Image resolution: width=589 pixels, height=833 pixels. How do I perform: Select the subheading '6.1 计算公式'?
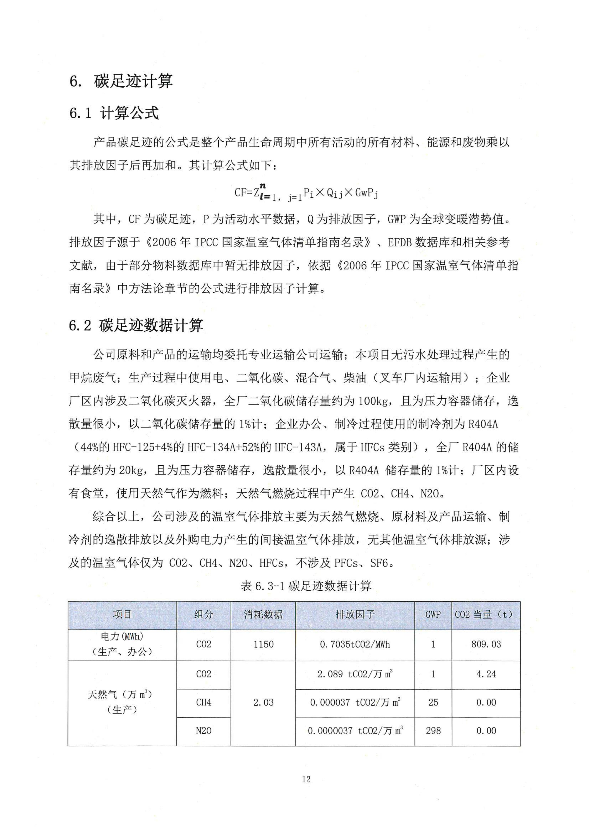[x=114, y=113]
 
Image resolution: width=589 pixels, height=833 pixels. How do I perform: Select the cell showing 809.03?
[x=486, y=644]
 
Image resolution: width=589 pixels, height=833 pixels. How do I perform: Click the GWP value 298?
[x=433, y=731]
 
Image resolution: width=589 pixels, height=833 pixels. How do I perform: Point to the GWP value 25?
[x=433, y=702]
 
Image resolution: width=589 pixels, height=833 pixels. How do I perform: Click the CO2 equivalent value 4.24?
[x=486, y=674]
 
